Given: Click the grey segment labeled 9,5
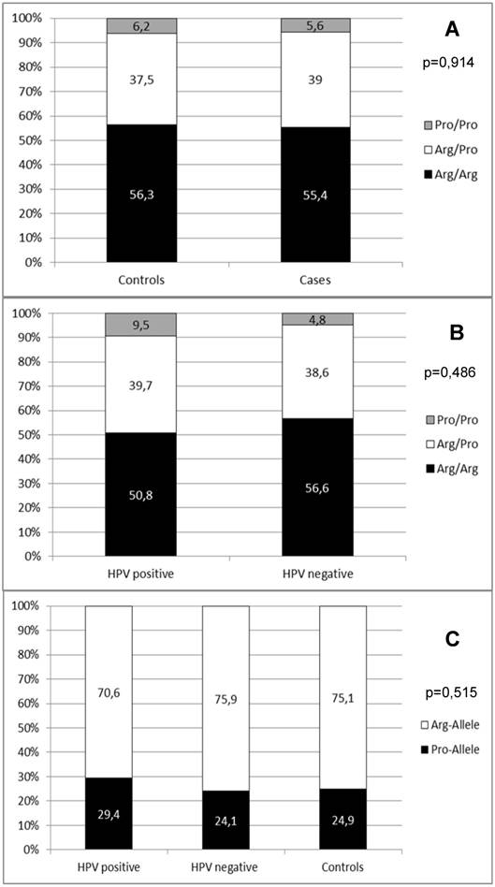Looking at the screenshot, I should tap(141, 325).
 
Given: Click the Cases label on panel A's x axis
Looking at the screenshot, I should tap(315, 279).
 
